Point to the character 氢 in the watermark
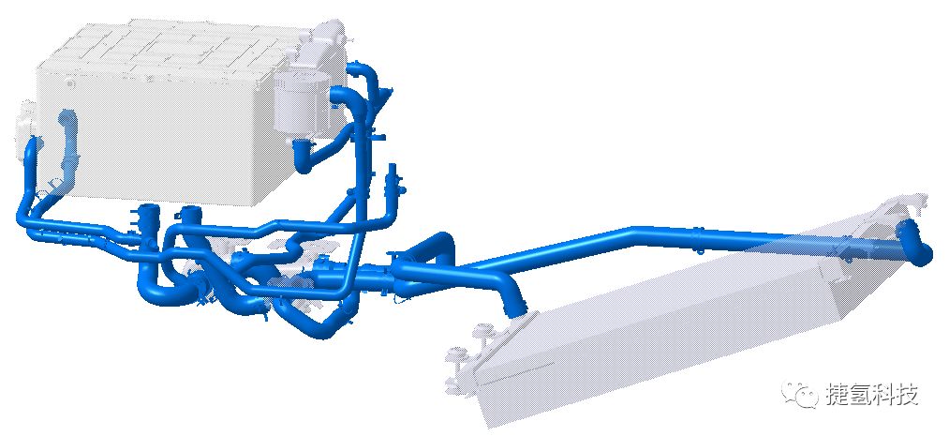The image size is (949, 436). pos(861,395)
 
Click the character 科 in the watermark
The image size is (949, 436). pos(884,395)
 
